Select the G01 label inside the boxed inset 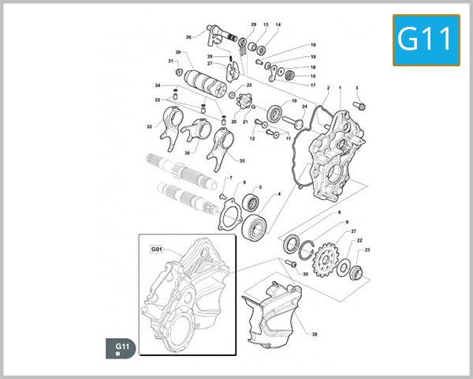155,250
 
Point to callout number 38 315,335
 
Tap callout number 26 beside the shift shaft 188,37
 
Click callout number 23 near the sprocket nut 368,250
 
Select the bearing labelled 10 276,113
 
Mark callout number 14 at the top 278,25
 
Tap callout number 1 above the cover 340,87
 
